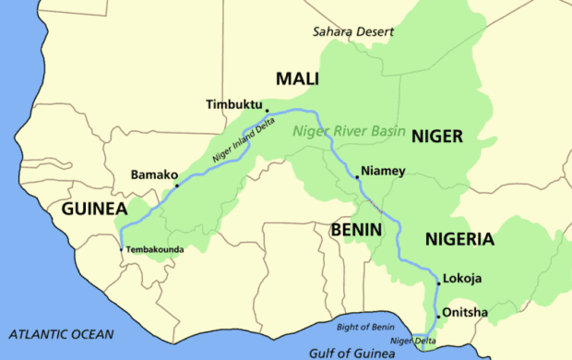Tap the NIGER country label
coord(436,137)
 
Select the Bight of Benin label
coord(363,327)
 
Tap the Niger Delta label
coord(411,341)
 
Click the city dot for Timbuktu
coord(267,110)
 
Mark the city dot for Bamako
coord(176,186)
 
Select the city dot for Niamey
coord(357,176)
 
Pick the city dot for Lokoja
coord(438,283)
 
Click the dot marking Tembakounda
coord(121,248)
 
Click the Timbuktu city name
coord(235,105)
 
